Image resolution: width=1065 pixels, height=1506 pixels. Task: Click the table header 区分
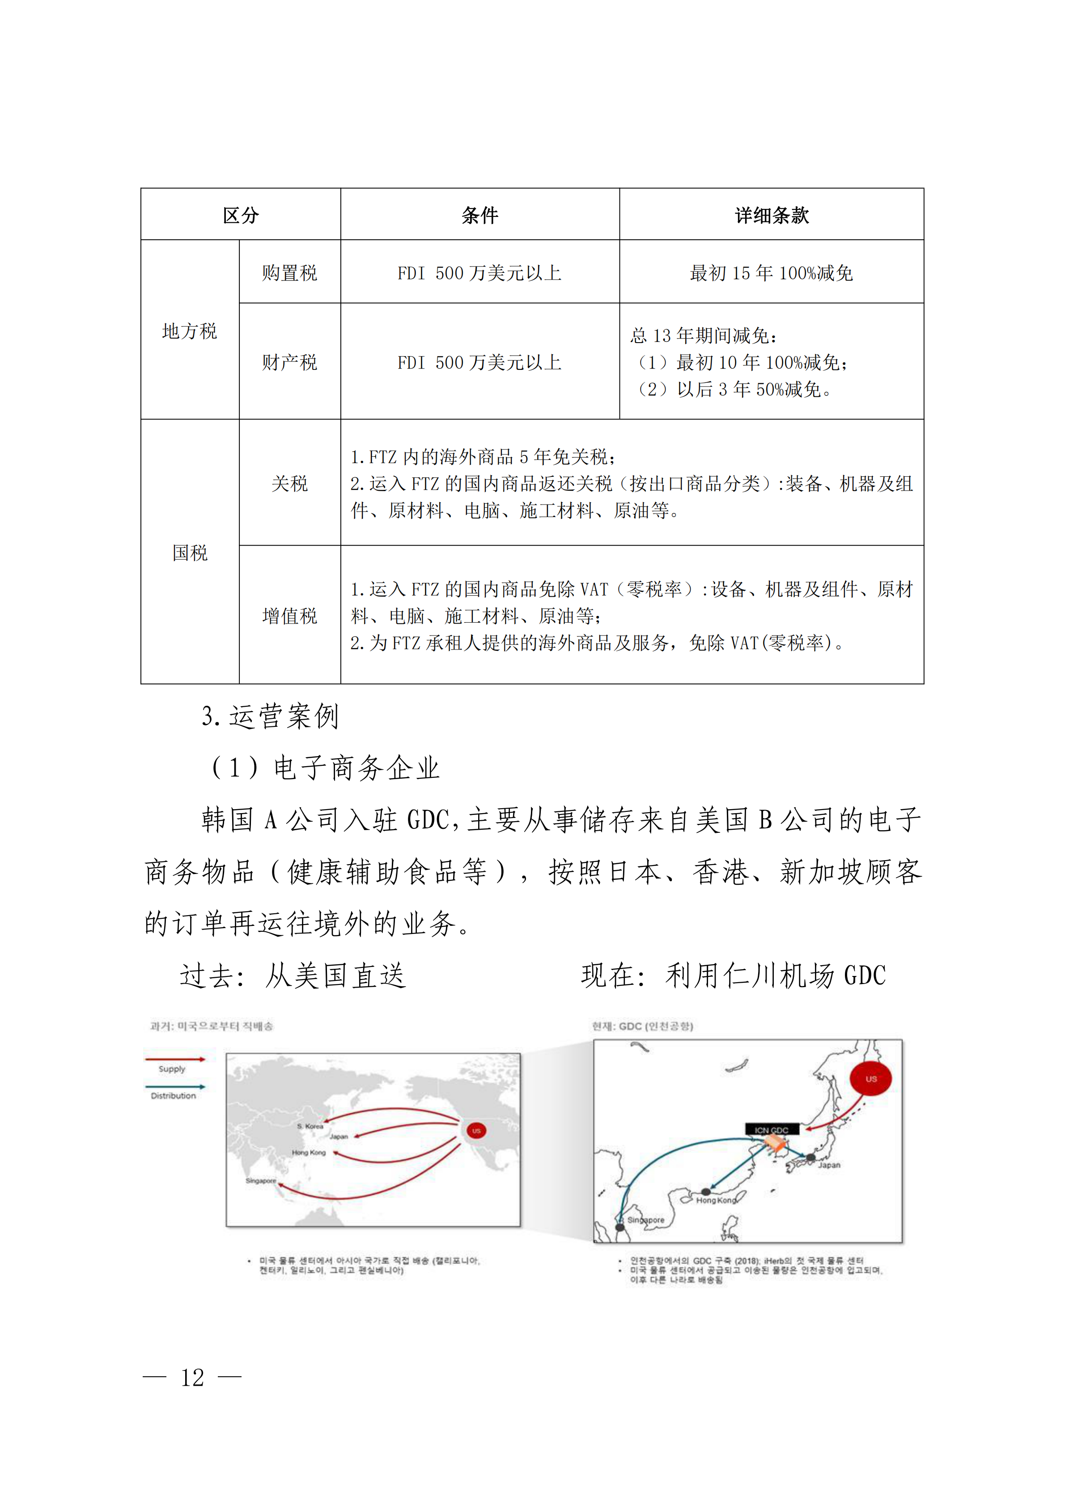coord(241,215)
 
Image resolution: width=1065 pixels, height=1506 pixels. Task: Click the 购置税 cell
coord(289,272)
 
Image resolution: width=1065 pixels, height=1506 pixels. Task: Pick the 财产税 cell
coord(289,362)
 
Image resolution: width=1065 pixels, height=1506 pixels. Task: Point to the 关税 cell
coord(289,484)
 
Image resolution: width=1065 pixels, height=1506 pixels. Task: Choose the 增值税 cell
coord(289,616)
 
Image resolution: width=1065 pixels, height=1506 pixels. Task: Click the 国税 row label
coord(190,553)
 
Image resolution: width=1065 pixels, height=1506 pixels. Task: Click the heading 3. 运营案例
coord(270,716)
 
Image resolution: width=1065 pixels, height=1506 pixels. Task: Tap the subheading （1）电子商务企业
coord(325,768)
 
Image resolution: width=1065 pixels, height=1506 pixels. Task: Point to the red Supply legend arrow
coord(174,1059)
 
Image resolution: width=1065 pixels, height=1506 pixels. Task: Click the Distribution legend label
coord(173,1096)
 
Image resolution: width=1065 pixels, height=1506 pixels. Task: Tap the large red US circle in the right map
coord(870,1079)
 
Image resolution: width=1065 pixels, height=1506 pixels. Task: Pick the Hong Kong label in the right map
coord(716,1201)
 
